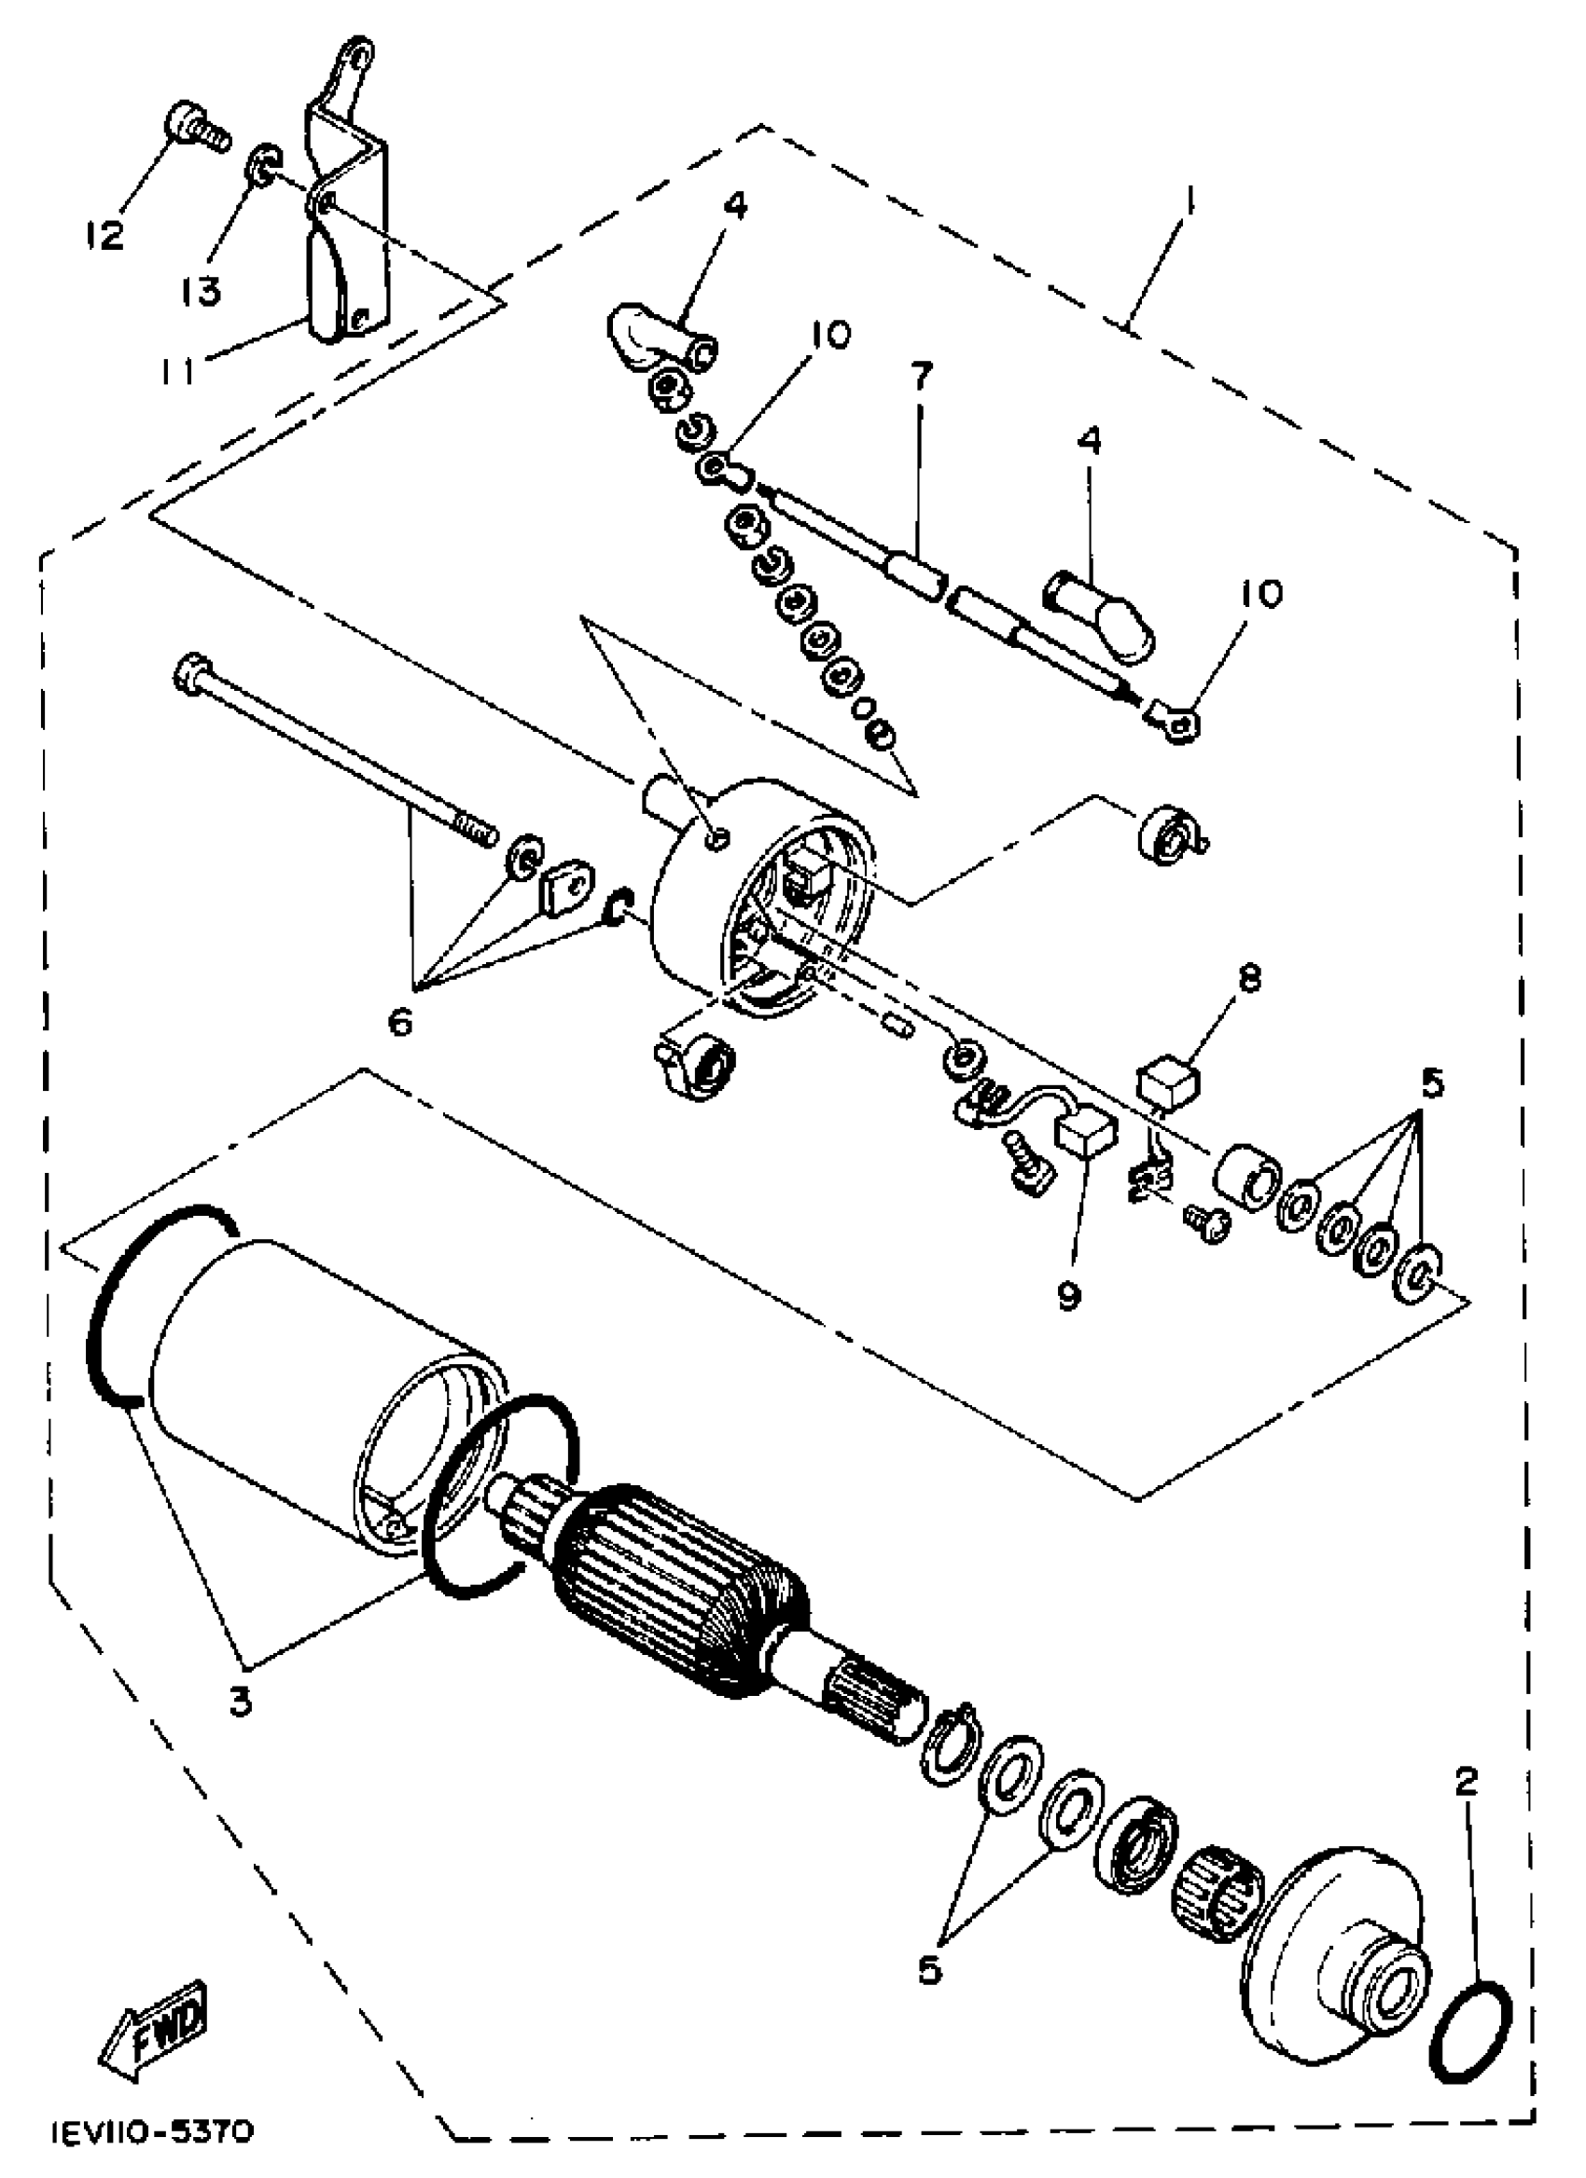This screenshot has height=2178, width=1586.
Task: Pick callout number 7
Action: [920, 378]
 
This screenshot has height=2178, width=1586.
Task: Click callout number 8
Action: [1249, 980]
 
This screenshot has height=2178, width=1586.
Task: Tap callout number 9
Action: [1068, 1295]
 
